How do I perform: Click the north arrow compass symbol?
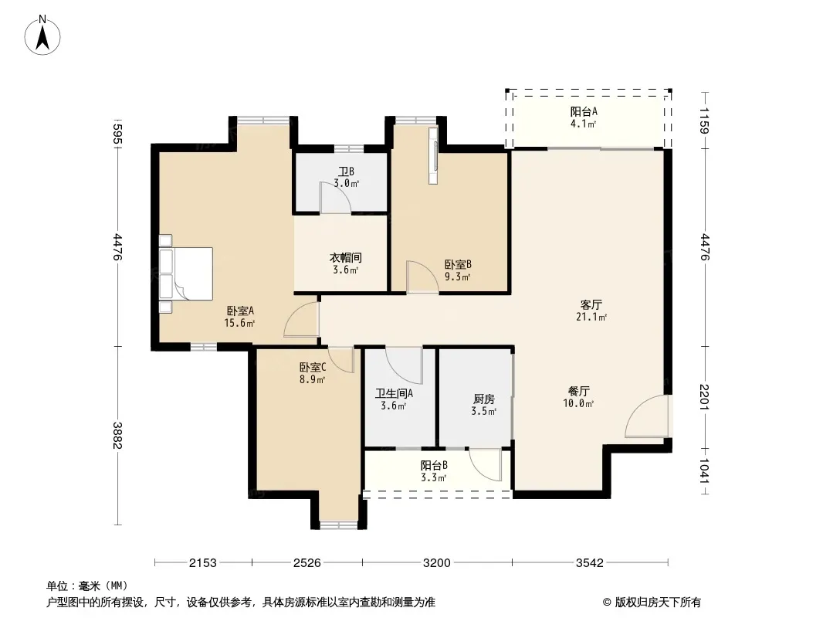[x=42, y=36]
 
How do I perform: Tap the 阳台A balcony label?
[x=584, y=111]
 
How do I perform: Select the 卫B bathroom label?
[x=346, y=171]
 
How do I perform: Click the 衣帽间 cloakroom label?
[x=345, y=258]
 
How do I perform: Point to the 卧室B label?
[x=458, y=264]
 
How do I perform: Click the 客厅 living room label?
[x=591, y=304]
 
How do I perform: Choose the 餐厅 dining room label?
[x=578, y=391]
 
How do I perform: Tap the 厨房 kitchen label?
[x=483, y=399]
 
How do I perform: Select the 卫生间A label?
[x=394, y=393]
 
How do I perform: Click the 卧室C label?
[x=313, y=367]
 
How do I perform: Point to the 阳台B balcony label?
[x=434, y=465]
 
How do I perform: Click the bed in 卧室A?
[x=185, y=273]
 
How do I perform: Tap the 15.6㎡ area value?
[x=239, y=323]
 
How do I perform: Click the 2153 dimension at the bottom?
[x=202, y=563]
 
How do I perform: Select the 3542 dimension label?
[x=589, y=563]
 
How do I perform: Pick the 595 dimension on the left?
[x=117, y=134]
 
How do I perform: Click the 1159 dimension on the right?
[x=704, y=121]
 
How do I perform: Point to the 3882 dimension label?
[x=117, y=436]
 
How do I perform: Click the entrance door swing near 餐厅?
[x=647, y=416]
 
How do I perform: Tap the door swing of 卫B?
[x=336, y=198]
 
